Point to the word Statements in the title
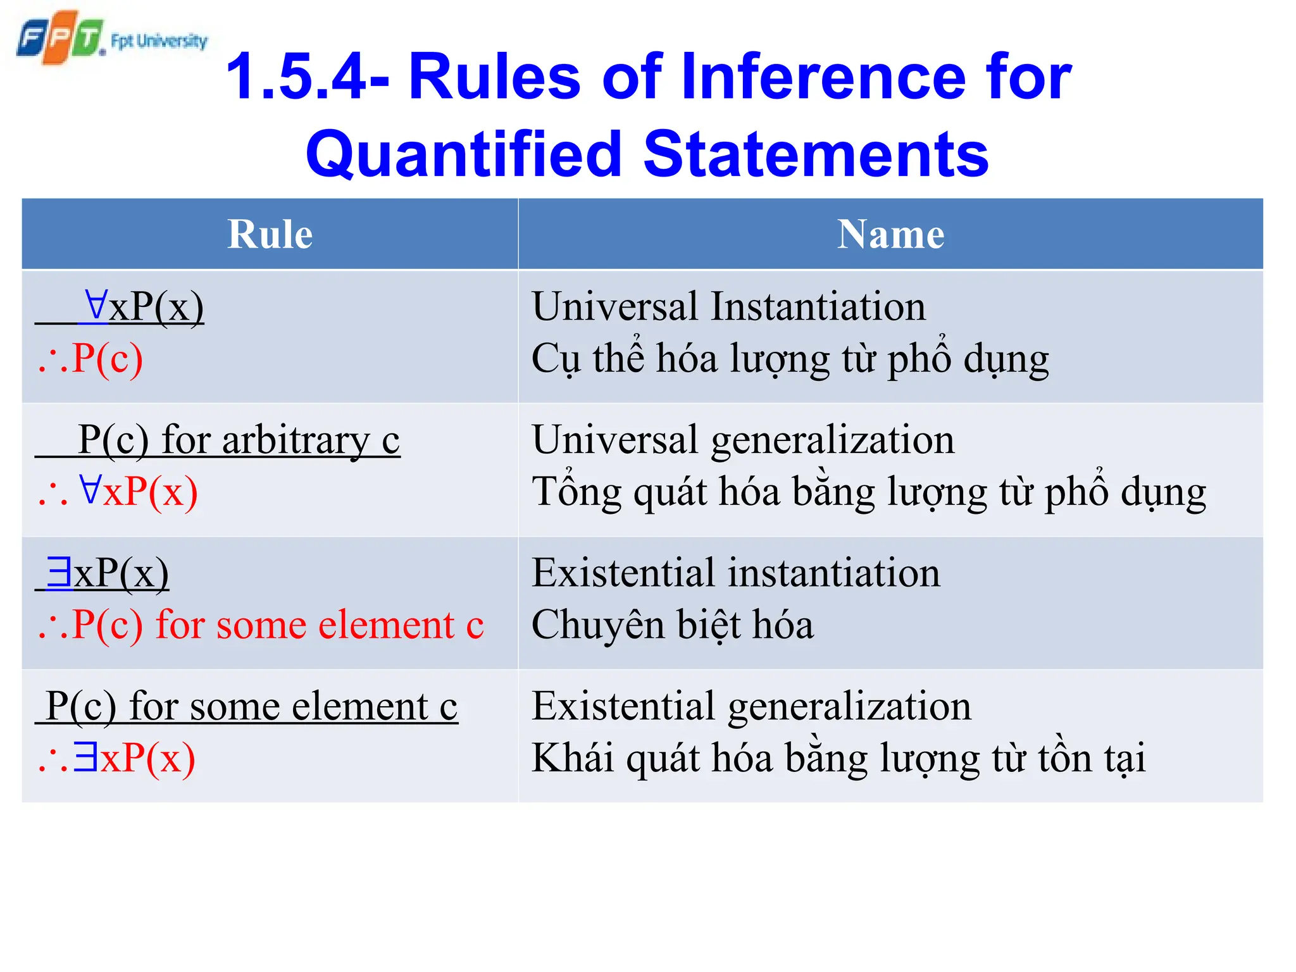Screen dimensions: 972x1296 (x=816, y=154)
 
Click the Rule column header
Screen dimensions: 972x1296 (x=270, y=234)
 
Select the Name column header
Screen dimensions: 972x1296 (x=890, y=234)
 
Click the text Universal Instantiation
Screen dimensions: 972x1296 (x=728, y=307)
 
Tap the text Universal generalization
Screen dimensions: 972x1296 (x=743, y=440)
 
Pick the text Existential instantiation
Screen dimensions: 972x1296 (x=735, y=573)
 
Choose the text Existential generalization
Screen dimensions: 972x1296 (x=751, y=706)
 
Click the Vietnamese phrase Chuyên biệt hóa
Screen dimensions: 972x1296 (x=672, y=625)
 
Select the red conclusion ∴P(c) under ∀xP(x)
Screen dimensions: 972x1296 (x=90, y=359)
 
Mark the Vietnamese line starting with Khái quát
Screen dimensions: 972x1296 (x=838, y=758)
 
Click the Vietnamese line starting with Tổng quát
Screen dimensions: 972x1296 (x=868, y=492)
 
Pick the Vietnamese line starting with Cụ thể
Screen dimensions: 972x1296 (x=790, y=359)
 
